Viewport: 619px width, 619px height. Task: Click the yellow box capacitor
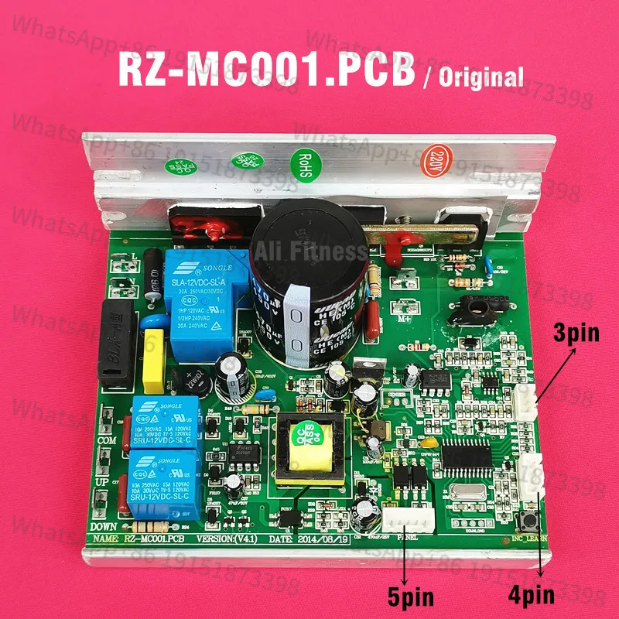click(x=157, y=359)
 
